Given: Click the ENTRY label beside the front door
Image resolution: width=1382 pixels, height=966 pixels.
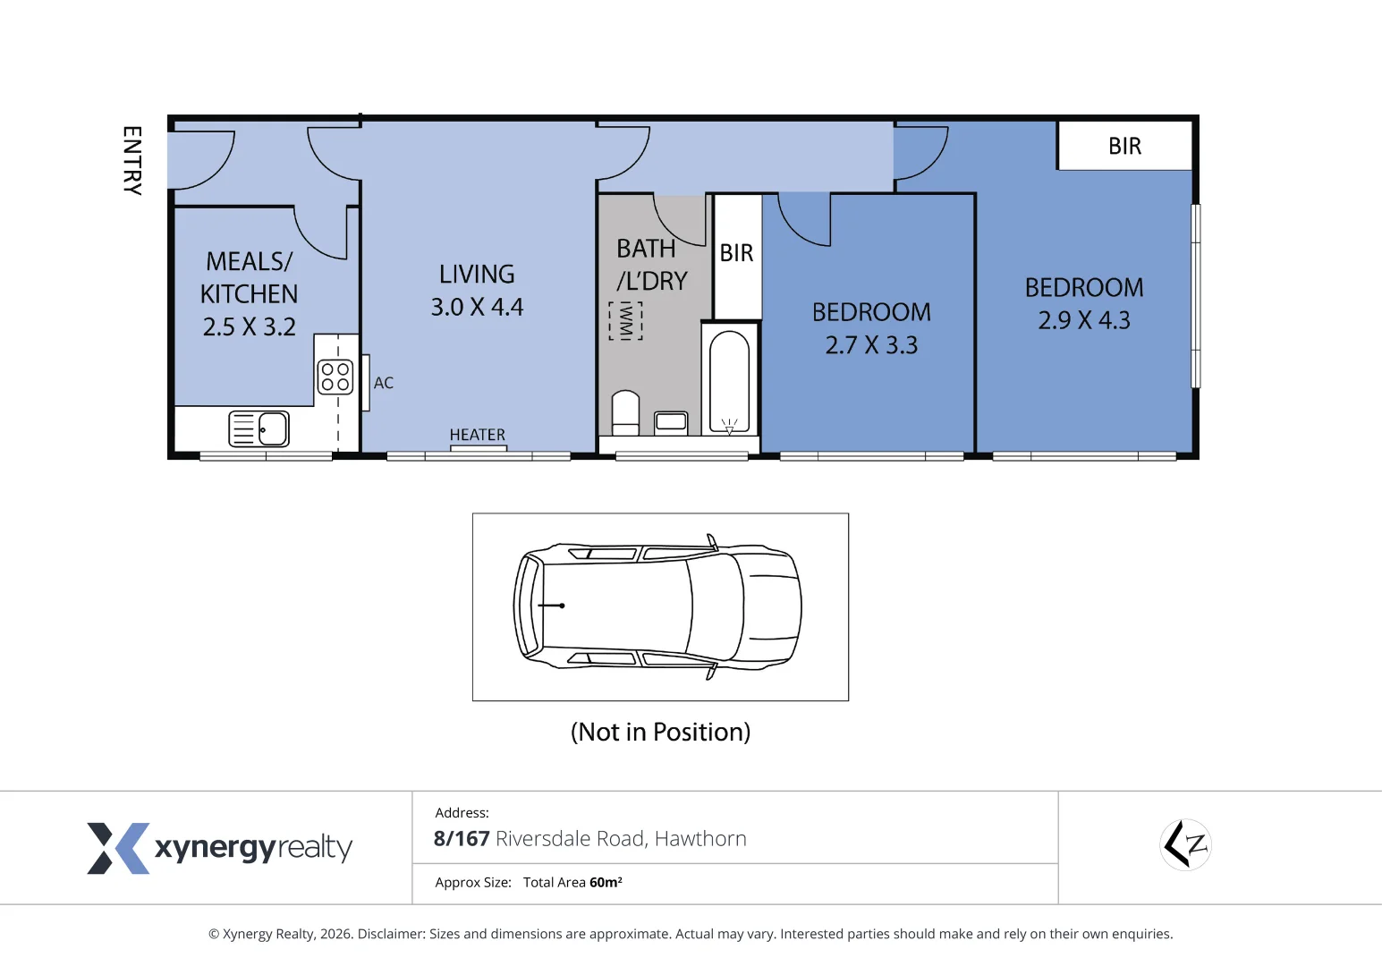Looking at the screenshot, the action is click(x=132, y=161).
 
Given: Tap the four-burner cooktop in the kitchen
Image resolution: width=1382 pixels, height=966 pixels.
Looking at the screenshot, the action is click(x=335, y=377).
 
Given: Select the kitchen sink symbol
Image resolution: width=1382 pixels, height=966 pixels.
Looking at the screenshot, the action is click(x=259, y=428).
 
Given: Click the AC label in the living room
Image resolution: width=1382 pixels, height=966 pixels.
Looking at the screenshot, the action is click(x=383, y=383).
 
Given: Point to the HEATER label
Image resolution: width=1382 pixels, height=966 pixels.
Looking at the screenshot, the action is click(x=478, y=435).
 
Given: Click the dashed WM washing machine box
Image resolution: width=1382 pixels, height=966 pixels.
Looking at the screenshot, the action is click(x=625, y=321).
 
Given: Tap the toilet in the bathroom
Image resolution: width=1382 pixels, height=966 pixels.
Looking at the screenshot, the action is click(x=625, y=412).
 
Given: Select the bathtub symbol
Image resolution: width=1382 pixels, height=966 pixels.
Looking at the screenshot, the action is click(x=729, y=381).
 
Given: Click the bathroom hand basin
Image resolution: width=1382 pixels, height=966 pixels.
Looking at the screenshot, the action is click(x=671, y=422).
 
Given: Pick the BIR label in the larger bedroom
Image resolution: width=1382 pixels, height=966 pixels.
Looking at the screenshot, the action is click(x=1124, y=146).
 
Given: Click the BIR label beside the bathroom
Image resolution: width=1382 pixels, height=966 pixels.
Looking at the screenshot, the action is click(x=737, y=253).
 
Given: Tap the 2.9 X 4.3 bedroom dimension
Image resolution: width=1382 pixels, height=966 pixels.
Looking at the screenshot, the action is click(x=1084, y=320).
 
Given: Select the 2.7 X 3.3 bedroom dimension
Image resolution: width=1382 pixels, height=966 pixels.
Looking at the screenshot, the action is click(x=871, y=345).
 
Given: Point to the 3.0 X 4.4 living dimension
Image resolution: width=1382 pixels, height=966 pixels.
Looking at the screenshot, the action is click(x=477, y=307).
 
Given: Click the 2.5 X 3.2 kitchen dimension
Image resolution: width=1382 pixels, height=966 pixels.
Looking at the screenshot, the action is click(x=250, y=326).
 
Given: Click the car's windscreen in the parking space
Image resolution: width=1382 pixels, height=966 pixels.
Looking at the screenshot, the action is click(x=716, y=606).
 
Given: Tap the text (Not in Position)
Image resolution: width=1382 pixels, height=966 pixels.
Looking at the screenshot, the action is click(x=660, y=733).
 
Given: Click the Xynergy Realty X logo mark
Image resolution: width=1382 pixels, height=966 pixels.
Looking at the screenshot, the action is click(x=118, y=848).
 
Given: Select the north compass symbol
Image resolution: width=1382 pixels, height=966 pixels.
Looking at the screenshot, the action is click(x=1185, y=844).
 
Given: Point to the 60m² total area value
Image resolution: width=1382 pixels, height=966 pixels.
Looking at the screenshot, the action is click(x=606, y=882).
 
